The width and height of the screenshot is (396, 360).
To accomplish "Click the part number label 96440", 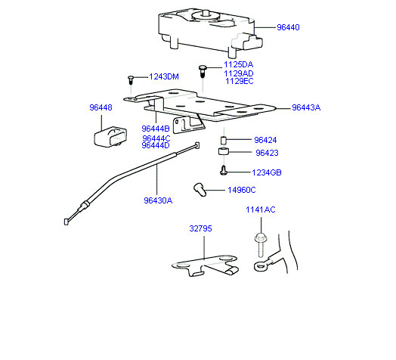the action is click(x=288, y=27).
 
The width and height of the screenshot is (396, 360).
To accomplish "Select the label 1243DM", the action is click(x=164, y=76).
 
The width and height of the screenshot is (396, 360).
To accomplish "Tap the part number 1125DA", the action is click(x=238, y=65).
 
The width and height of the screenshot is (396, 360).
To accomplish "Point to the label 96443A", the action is click(x=306, y=107).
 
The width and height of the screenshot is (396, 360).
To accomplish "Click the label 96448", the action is click(x=101, y=107).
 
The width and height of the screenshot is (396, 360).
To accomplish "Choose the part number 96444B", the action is click(x=156, y=129).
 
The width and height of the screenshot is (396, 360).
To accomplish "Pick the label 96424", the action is click(x=265, y=140).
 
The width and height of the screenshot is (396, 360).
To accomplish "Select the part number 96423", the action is click(x=267, y=153).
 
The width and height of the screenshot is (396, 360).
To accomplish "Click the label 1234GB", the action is click(x=267, y=172).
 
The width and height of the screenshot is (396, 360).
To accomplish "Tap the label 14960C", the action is click(x=242, y=190).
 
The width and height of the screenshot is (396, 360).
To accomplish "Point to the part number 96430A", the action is click(x=158, y=200).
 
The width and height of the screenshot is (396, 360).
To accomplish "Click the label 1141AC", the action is click(x=261, y=209).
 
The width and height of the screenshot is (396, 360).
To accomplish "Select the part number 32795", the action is click(x=200, y=228).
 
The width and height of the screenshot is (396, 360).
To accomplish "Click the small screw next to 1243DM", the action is click(x=131, y=80).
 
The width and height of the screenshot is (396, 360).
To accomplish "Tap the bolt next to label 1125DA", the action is click(x=203, y=71).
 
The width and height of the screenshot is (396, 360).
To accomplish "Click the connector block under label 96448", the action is click(x=110, y=137).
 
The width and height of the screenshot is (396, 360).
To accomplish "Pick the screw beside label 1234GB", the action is click(x=223, y=170).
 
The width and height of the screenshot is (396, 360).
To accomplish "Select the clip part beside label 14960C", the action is click(x=200, y=190).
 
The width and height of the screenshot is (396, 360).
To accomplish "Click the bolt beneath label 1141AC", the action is click(x=261, y=244).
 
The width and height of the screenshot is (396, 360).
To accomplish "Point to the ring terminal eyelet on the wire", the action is click(x=260, y=266).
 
